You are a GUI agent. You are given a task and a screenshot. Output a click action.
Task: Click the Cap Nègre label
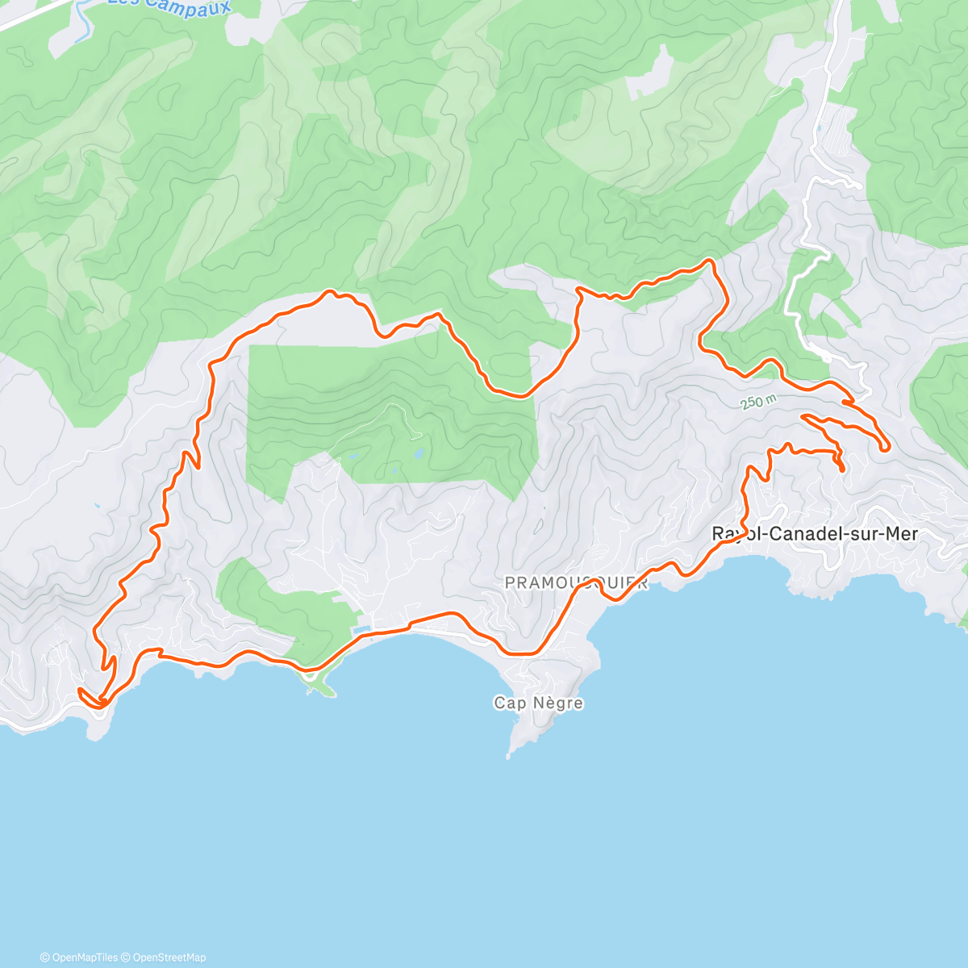pos(538,703)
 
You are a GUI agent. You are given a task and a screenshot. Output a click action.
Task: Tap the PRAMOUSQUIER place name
pos(576,583)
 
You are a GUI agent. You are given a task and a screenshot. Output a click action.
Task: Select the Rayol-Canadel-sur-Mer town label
pos(815,534)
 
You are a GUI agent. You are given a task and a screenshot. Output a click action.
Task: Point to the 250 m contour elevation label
pos(759,401)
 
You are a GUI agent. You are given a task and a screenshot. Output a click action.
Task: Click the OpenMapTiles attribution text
pos(85,958)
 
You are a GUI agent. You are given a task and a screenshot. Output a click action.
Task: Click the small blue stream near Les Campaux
pos(81,24)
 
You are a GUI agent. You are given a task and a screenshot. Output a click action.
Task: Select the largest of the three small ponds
pos(419,454)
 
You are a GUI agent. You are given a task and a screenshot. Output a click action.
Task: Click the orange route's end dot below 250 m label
pos(841,468)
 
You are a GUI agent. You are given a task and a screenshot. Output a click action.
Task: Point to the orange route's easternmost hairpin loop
pos(886,446)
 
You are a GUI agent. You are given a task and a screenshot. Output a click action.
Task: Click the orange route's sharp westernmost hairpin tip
pos(80,691)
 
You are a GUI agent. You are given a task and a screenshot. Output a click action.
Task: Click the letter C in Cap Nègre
pos(499,703)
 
